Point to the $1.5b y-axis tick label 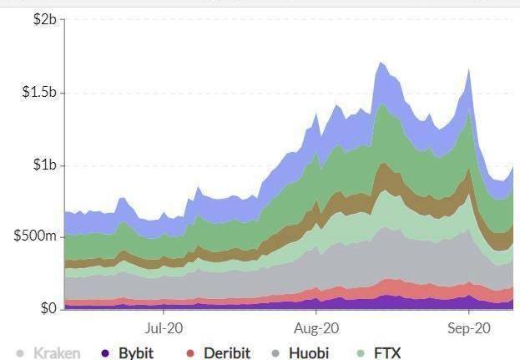pos(38,92)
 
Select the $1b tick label pos(43,165)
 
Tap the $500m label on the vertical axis pos(35,236)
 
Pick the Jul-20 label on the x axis pos(164,328)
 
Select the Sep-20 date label pos(469,328)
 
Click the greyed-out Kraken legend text pos(57,352)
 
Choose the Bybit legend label pos(136,352)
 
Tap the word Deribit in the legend pos(227,352)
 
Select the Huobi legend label pos(309,352)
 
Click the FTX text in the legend pos(387,352)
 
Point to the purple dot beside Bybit pos(105,353)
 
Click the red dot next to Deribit pos(190,353)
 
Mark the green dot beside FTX pos(361,353)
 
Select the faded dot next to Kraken pos(20,353)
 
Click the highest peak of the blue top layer pos(381,63)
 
